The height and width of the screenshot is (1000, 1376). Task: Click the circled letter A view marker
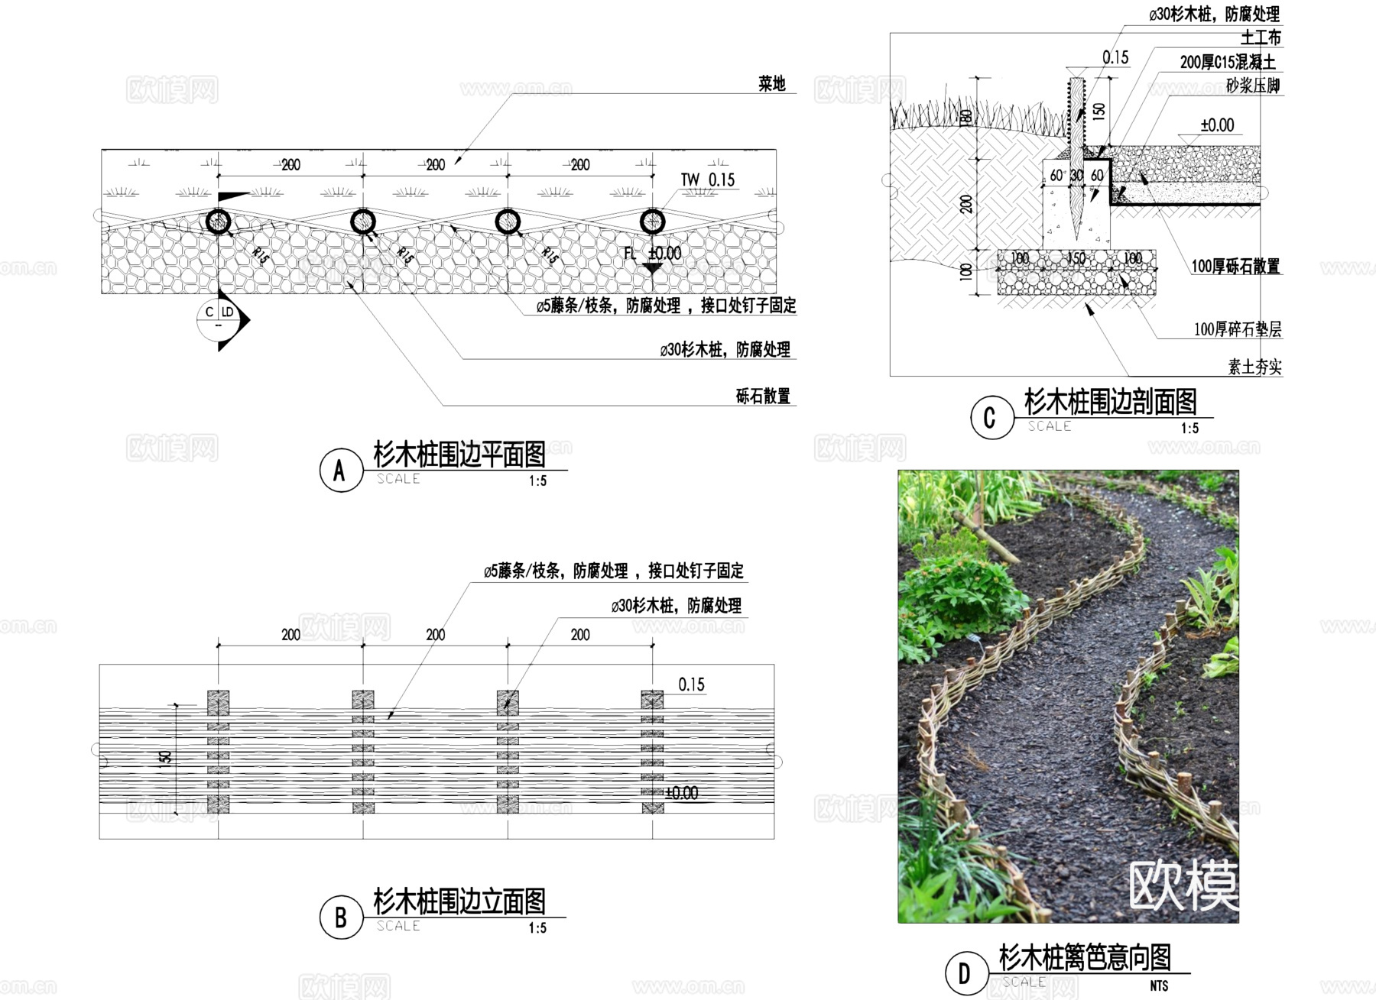[x=340, y=471]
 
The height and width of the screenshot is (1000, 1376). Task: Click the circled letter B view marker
[x=340, y=917]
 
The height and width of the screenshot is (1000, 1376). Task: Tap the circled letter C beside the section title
[x=990, y=418]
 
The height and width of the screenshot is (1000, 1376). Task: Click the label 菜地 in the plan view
[x=771, y=84]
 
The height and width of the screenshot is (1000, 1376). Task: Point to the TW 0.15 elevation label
[x=707, y=180]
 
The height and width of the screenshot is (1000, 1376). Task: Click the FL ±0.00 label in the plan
[x=652, y=254]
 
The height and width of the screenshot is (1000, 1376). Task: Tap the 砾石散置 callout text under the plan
[x=762, y=396]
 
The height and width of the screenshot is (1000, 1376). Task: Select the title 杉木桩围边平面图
[x=459, y=455]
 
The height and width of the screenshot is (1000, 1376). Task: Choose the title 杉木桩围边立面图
[x=459, y=902]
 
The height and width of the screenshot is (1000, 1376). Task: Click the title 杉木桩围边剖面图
[x=1110, y=402]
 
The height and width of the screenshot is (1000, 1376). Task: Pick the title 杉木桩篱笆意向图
[x=1085, y=957]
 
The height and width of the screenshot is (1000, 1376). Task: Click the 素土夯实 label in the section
[x=1254, y=367]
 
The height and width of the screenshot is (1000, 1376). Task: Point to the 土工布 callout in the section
[x=1261, y=37]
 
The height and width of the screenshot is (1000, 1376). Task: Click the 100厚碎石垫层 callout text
[x=1238, y=329]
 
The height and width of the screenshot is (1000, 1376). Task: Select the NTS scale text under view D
[x=1159, y=986]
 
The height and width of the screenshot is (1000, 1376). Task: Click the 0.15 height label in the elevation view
[x=691, y=684]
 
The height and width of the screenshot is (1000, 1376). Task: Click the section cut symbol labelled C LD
[x=219, y=319]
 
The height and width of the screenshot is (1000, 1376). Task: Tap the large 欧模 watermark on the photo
[x=1183, y=886]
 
